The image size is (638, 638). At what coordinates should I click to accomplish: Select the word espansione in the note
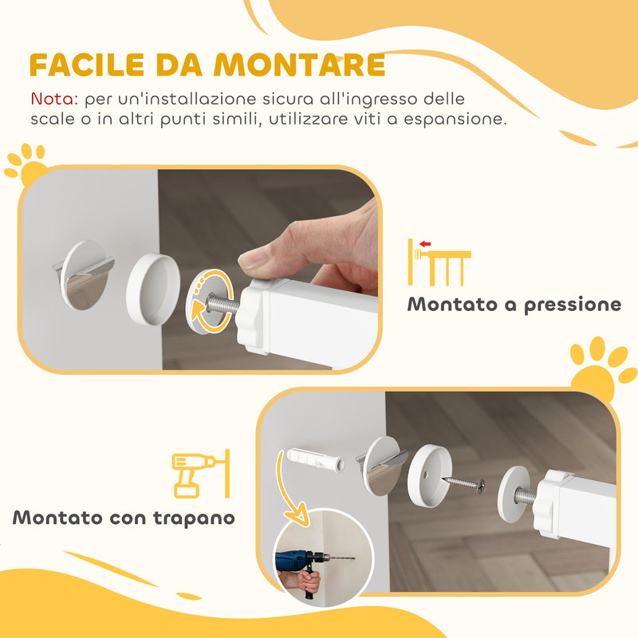457,120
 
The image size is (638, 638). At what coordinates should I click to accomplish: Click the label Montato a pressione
514,305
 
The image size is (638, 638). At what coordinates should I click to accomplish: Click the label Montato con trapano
124,518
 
